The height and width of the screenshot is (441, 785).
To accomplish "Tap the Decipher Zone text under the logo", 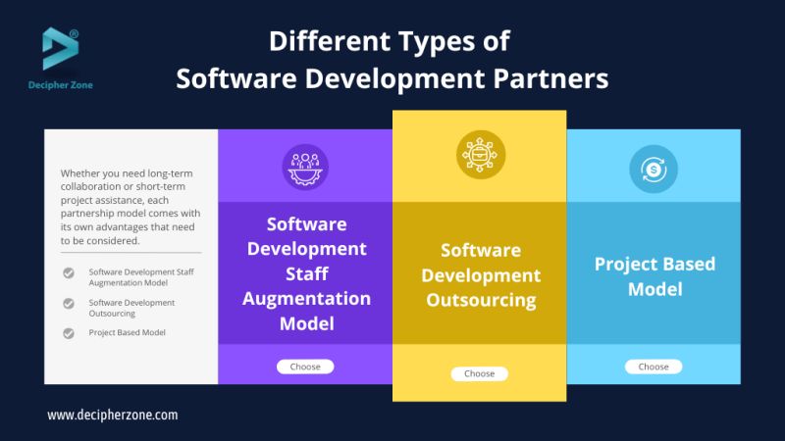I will coord(60,85).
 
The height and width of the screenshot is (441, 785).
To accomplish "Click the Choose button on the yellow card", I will coord(479,373).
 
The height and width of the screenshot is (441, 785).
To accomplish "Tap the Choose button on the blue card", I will coord(654,367).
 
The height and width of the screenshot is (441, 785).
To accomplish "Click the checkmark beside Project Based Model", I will coord(69,333).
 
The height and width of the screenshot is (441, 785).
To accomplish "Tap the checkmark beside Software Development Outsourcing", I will coord(69,303).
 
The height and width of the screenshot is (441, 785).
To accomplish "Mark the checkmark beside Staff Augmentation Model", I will coord(69,273).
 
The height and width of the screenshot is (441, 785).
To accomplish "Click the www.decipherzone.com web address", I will coord(113,415).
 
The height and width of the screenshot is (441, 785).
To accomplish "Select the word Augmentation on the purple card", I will coord(306,298).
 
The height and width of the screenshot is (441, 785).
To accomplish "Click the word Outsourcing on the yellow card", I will coord(481,300).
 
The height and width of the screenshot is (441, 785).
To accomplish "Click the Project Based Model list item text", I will coord(127,333).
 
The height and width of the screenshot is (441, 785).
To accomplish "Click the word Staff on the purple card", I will coord(306,273).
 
